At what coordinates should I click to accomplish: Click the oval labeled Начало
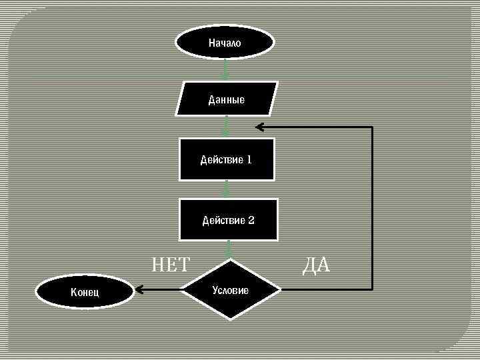click(x=225, y=43)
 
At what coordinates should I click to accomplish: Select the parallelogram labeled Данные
click(x=227, y=99)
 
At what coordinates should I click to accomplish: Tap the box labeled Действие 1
click(x=227, y=159)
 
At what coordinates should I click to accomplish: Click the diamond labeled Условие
click(x=230, y=290)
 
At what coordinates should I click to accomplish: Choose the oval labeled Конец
click(x=85, y=291)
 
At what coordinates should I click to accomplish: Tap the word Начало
click(x=225, y=43)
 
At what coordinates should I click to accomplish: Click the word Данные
click(x=227, y=100)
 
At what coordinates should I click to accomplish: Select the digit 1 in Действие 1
click(x=249, y=160)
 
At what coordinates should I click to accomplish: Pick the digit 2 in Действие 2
click(x=251, y=220)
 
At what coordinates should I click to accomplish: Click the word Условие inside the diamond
click(x=230, y=290)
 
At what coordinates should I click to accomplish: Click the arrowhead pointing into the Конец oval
click(x=139, y=290)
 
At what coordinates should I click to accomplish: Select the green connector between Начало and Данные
click(x=226, y=69)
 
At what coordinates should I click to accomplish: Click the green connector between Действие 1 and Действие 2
click(x=227, y=189)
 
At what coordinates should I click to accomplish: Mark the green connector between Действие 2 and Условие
click(x=229, y=249)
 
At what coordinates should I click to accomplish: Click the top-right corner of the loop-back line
click(x=372, y=127)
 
